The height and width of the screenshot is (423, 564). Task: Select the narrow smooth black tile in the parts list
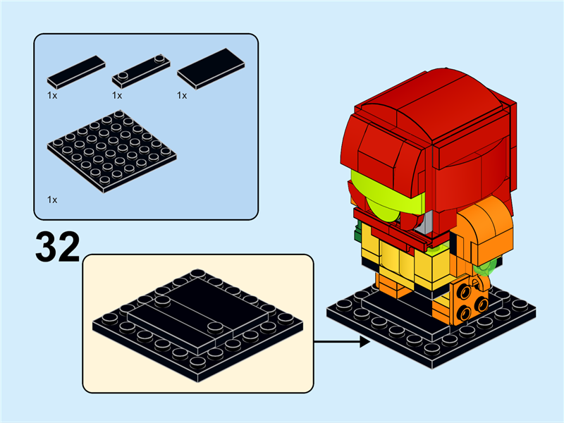(x=76, y=69)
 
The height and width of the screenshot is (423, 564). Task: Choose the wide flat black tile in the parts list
(x=211, y=68)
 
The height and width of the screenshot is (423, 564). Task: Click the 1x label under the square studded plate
(x=52, y=200)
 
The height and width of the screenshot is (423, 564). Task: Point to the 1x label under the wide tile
(x=182, y=95)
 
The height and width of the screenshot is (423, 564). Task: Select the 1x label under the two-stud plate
(x=117, y=95)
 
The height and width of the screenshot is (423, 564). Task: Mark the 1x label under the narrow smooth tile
(x=52, y=95)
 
